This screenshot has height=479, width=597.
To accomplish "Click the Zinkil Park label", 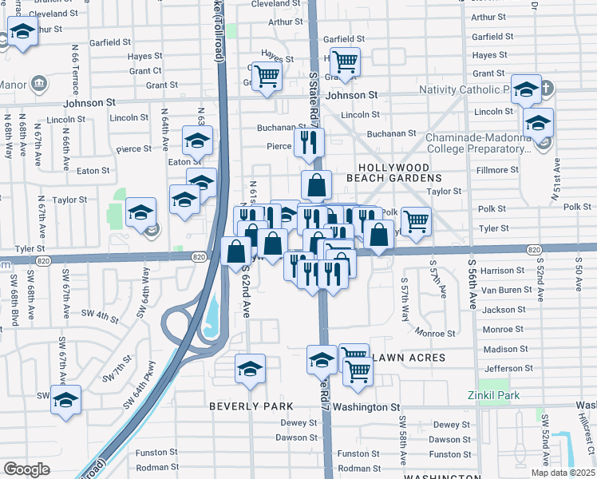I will [494, 395].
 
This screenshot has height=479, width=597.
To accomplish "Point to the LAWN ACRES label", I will [408, 358].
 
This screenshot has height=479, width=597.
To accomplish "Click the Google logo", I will [26, 469].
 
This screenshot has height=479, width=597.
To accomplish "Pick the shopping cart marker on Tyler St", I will [416, 220].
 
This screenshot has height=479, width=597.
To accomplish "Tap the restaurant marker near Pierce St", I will [307, 142].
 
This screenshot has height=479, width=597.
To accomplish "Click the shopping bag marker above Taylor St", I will [317, 184].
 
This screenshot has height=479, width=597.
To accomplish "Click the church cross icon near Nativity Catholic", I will [547, 88].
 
